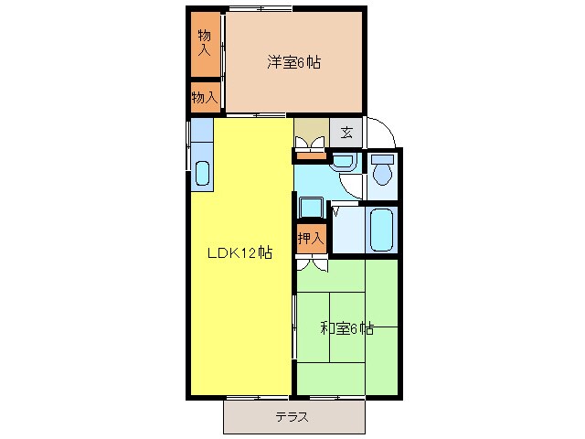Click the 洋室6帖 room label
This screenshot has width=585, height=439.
tap(293, 62)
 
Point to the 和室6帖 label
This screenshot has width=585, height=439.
tap(346, 327)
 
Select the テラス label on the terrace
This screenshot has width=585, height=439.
tap(292, 417)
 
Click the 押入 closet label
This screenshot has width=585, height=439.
tap(310, 238)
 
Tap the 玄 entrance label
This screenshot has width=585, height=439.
tap(346, 132)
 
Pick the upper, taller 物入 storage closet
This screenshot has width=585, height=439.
tap(206, 43)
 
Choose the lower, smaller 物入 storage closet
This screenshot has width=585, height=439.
tap(205, 97)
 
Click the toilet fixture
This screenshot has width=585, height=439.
tap(382, 169)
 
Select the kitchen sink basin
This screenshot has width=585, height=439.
tap(202, 173)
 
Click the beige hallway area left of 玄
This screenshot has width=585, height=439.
tap(310, 128)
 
